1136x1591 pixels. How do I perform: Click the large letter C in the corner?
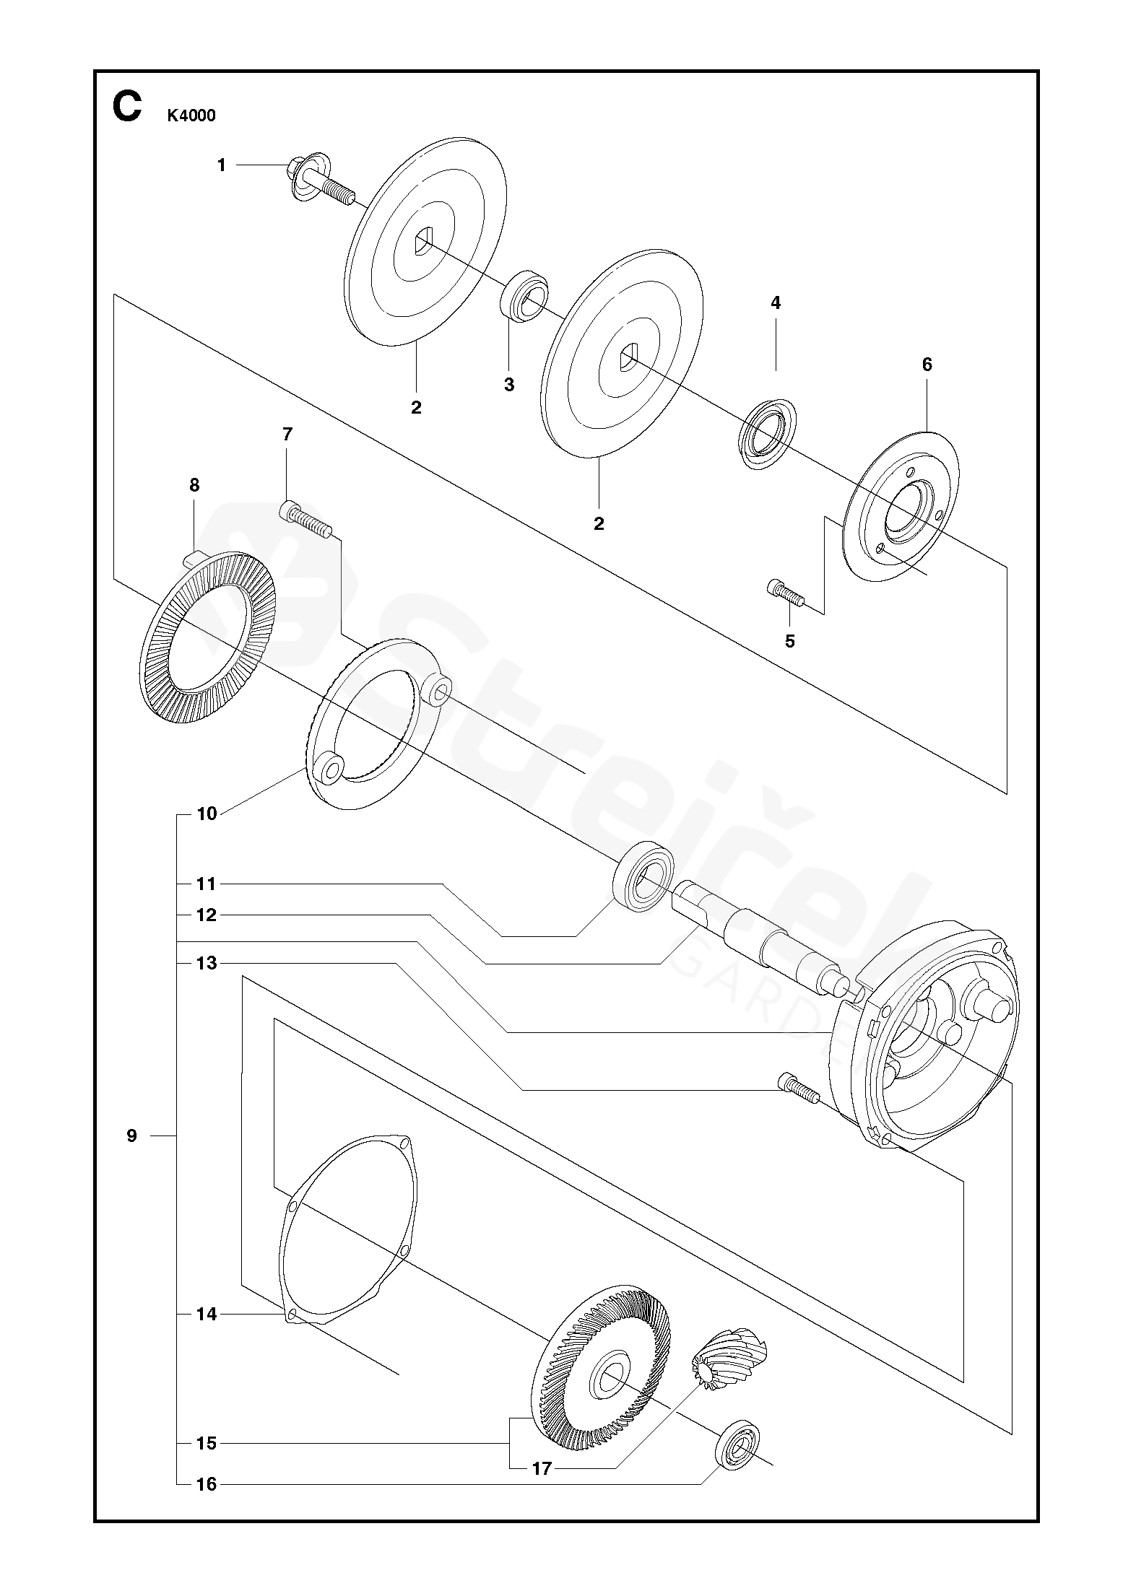[x=126, y=108]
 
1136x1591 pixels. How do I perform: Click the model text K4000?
[x=191, y=115]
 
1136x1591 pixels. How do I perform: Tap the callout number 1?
[x=222, y=165]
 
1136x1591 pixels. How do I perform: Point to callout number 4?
[x=776, y=303]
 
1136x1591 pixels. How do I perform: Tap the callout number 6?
[x=927, y=365]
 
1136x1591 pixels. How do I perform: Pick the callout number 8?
[x=194, y=486]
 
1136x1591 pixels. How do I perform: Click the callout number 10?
[x=207, y=814]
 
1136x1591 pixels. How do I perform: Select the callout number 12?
[x=207, y=915]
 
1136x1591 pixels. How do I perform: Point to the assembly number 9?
[x=131, y=1136]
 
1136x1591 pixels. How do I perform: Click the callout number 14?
[x=207, y=1315]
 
